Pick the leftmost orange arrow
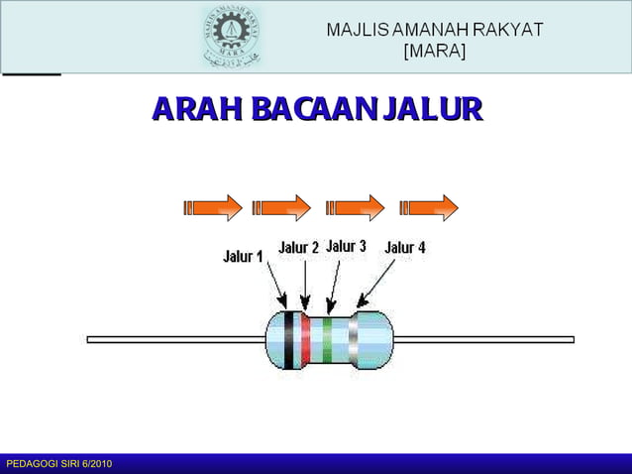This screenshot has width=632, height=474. [213, 207]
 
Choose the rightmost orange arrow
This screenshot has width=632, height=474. [430, 207]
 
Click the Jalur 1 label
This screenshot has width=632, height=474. [242, 256]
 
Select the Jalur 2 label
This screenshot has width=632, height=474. [298, 247]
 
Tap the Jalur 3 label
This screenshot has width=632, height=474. [347, 246]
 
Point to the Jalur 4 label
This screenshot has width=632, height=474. [405, 247]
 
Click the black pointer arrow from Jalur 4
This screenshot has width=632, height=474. [375, 284]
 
